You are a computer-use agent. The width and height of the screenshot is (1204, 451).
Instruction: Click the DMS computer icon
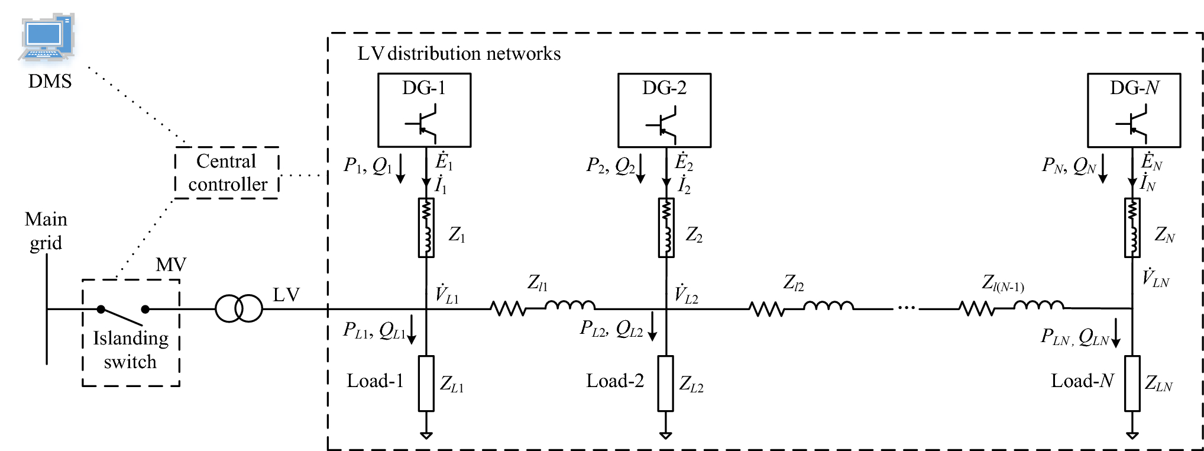click(47, 37)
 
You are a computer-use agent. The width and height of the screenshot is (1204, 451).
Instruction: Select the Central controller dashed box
click(226, 172)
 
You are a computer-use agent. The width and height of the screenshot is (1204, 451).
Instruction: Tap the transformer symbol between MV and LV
click(238, 308)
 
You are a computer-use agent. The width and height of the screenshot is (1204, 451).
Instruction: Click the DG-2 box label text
click(664, 88)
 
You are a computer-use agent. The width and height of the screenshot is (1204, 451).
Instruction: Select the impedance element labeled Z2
click(666, 228)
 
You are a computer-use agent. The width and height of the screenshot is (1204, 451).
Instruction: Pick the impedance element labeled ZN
click(1132, 228)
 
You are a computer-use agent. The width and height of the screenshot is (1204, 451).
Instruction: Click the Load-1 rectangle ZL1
click(426, 383)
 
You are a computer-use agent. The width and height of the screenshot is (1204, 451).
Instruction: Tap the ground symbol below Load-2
click(665, 435)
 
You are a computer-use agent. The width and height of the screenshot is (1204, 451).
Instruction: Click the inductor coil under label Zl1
click(569, 305)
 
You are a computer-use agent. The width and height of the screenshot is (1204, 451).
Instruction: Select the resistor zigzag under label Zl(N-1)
click(976, 308)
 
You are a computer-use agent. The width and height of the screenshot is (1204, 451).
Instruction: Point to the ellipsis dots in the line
click(905, 308)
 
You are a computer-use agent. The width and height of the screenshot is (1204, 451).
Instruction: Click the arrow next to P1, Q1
click(400, 168)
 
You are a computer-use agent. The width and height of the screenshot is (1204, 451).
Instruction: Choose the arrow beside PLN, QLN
click(1116, 333)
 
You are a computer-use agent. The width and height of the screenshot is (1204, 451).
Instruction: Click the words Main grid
click(46, 231)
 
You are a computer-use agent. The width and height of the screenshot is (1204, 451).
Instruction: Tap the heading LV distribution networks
click(459, 54)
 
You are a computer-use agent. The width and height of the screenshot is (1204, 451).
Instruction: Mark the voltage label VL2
click(687, 294)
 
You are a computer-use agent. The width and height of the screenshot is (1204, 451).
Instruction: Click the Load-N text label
click(1082, 381)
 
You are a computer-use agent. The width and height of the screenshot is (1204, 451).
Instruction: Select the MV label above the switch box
click(170, 265)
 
